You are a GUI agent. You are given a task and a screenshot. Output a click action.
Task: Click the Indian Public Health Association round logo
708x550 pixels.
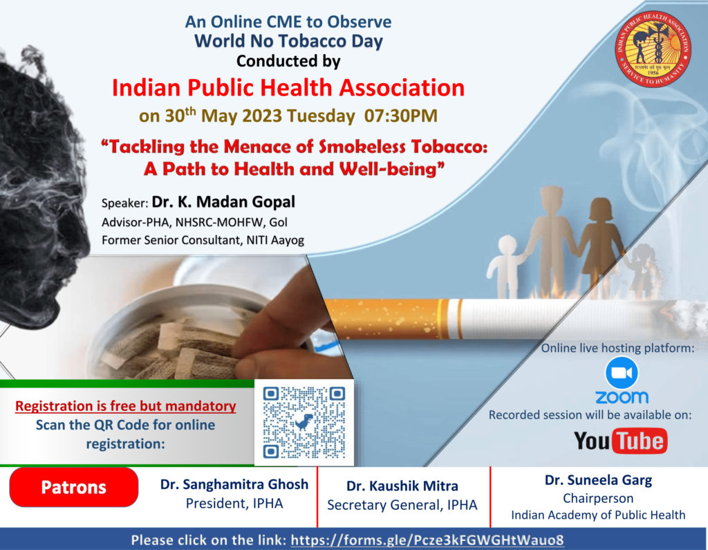pyautogui.click(x=653, y=49)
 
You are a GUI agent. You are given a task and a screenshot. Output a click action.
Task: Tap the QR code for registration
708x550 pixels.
pyautogui.click(x=304, y=422)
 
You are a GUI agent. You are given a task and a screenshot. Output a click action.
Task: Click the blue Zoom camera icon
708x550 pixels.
pyautogui.click(x=622, y=373)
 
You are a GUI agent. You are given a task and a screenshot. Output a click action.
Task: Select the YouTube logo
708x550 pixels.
pyautogui.click(x=620, y=441)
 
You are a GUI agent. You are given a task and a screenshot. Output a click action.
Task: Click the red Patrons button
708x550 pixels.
pyautogui.click(x=73, y=487)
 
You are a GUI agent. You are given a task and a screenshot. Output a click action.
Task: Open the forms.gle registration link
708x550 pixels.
pyautogui.click(x=427, y=540)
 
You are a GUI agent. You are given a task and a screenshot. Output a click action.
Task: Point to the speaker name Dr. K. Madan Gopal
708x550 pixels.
pyautogui.click(x=223, y=201)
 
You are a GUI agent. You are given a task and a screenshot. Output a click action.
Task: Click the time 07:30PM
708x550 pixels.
pyautogui.click(x=401, y=116)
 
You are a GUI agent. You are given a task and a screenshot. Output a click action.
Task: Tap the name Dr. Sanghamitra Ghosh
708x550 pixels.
pyautogui.click(x=234, y=484)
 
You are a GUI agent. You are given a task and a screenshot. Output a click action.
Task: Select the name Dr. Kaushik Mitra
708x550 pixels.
pyautogui.click(x=402, y=486)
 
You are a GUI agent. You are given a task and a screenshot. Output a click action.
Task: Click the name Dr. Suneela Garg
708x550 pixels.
pyautogui.click(x=598, y=480)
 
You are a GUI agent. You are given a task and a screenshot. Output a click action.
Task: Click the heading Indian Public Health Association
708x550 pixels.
pyautogui.click(x=288, y=88)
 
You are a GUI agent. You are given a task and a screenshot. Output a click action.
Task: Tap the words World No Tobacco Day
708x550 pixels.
pyautogui.click(x=288, y=41)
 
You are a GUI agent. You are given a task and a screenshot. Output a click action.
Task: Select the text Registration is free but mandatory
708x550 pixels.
pyautogui.click(x=126, y=406)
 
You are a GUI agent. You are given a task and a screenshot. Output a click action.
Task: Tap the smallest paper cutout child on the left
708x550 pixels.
pyautogui.click(x=507, y=266)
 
